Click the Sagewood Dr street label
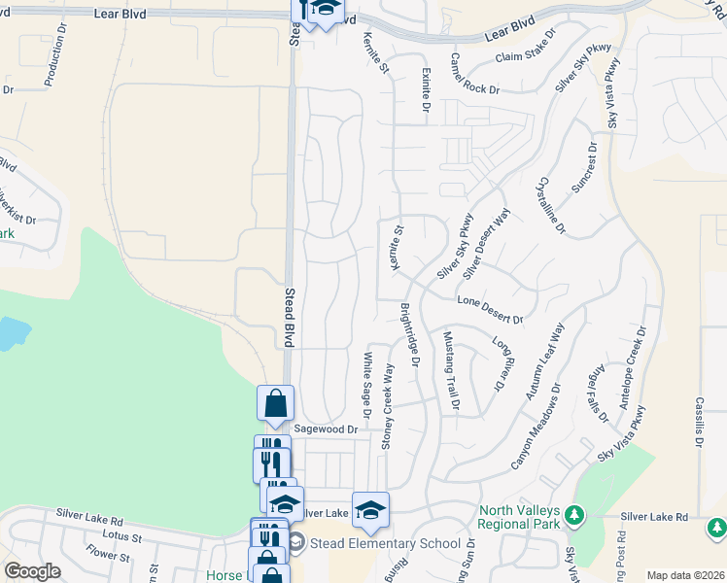click(327, 429)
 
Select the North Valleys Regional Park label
click(520, 518)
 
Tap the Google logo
click(32, 571)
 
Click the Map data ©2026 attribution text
click(684, 575)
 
